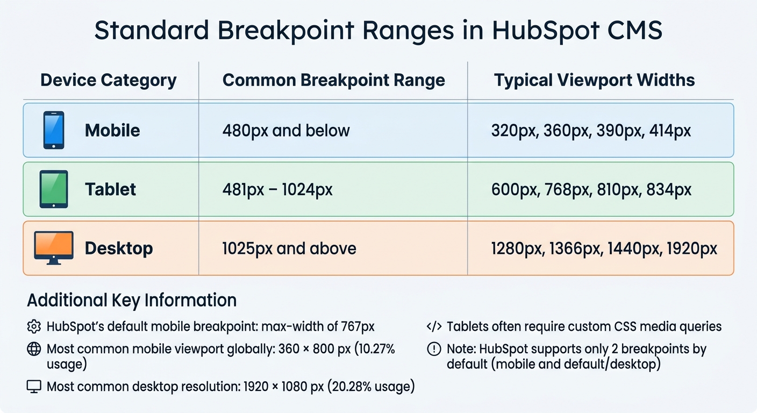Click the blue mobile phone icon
(x=53, y=130)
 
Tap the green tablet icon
(x=54, y=189)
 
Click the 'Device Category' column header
(x=109, y=81)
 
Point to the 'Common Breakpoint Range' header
(x=333, y=81)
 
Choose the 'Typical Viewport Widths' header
(x=594, y=81)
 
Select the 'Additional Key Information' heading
(x=132, y=300)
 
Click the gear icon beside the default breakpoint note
(x=34, y=326)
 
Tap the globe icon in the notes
(x=34, y=349)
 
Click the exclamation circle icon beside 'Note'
(x=433, y=349)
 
